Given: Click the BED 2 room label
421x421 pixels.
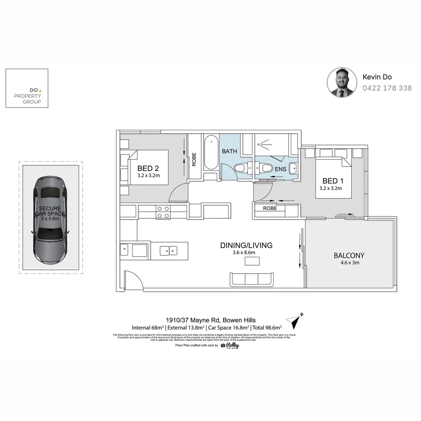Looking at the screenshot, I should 148,169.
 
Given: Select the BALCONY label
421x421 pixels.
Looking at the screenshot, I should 349,256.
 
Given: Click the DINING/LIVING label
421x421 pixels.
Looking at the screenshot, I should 246,246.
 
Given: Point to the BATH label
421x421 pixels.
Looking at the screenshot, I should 229,151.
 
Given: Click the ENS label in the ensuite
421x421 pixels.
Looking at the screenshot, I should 280,169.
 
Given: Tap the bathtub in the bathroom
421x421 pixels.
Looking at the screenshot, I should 211,152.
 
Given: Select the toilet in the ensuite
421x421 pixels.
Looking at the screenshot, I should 266,168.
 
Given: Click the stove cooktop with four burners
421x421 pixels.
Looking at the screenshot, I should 163,212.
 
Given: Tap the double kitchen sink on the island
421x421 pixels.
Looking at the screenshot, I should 169,250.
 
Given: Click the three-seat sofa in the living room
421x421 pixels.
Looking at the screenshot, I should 252,279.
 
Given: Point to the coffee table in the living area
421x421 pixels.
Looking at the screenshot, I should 251,262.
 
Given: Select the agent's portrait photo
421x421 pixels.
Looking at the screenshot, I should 342,82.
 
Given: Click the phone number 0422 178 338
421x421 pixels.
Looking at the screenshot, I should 387,88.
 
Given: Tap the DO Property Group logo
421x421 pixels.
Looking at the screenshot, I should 27,88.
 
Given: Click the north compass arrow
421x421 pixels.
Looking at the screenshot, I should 294,321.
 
